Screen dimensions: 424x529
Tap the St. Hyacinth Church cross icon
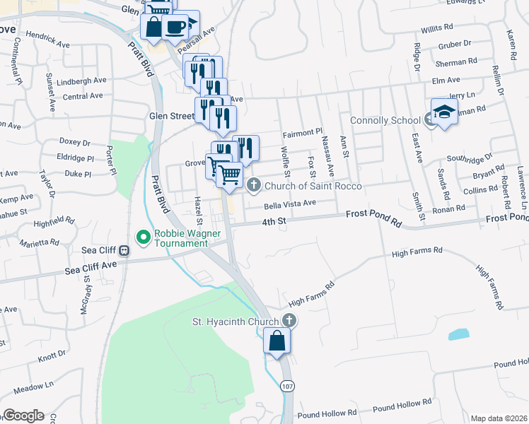click(x=289, y=322)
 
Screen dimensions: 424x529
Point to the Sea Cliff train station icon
click(x=124, y=250)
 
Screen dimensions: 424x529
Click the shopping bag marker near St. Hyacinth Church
click(x=277, y=341)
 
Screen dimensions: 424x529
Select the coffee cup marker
click(x=175, y=28)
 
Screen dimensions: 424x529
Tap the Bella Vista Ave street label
click(x=289, y=204)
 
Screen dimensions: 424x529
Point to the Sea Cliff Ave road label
click(x=90, y=269)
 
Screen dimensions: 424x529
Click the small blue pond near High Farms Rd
click(x=458, y=334)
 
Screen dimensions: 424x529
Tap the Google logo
click(x=23, y=416)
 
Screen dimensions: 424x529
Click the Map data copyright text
click(x=498, y=418)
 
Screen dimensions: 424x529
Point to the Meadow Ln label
click(x=33, y=386)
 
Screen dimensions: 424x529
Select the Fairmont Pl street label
click(x=302, y=132)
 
